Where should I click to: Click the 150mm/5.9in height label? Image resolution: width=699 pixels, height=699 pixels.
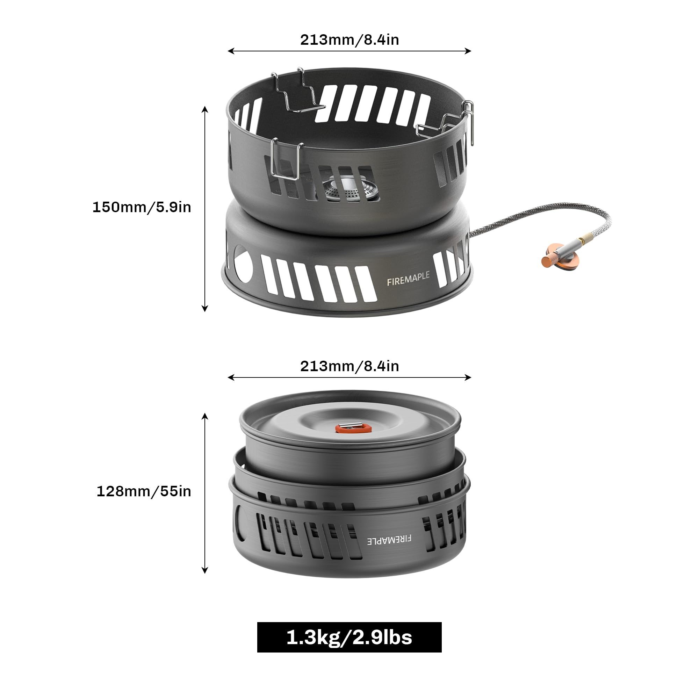(x=142, y=207)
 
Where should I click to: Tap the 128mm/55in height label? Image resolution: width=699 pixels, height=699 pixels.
(x=144, y=491)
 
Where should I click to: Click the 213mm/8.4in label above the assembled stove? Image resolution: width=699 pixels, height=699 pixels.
(x=349, y=40)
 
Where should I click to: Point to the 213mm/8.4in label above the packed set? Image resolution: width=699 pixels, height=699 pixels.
(x=349, y=366)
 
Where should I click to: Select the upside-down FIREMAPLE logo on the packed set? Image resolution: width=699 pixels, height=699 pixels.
(x=389, y=540)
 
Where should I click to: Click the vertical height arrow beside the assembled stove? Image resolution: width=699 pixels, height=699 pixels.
(x=205, y=209)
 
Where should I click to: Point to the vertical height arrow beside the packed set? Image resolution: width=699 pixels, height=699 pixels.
(x=205, y=493)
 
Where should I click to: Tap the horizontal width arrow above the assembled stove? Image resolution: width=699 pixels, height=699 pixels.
(x=349, y=51)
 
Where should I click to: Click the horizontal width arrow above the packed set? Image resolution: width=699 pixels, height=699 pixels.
(x=349, y=377)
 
